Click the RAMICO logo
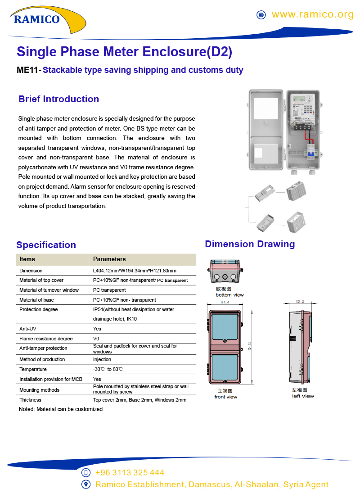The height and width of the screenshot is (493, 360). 37,19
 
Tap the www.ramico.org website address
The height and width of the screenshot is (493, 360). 313,14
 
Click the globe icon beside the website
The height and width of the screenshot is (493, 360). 261,15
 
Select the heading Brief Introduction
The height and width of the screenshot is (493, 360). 58,99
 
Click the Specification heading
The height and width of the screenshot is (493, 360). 46,245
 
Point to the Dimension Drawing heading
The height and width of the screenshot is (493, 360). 250,244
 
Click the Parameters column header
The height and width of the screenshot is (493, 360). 109,259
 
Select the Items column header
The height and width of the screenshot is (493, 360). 27,259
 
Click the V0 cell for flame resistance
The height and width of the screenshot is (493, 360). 96,339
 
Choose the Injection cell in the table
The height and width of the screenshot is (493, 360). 102,359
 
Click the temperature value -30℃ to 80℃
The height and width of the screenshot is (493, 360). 108,369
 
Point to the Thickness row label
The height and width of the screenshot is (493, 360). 30,400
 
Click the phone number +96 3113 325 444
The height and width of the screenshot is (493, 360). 130,473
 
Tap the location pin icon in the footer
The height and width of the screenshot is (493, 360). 86,484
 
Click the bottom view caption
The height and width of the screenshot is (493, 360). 229,295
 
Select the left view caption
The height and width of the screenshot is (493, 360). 303,396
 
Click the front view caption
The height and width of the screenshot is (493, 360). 225,397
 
